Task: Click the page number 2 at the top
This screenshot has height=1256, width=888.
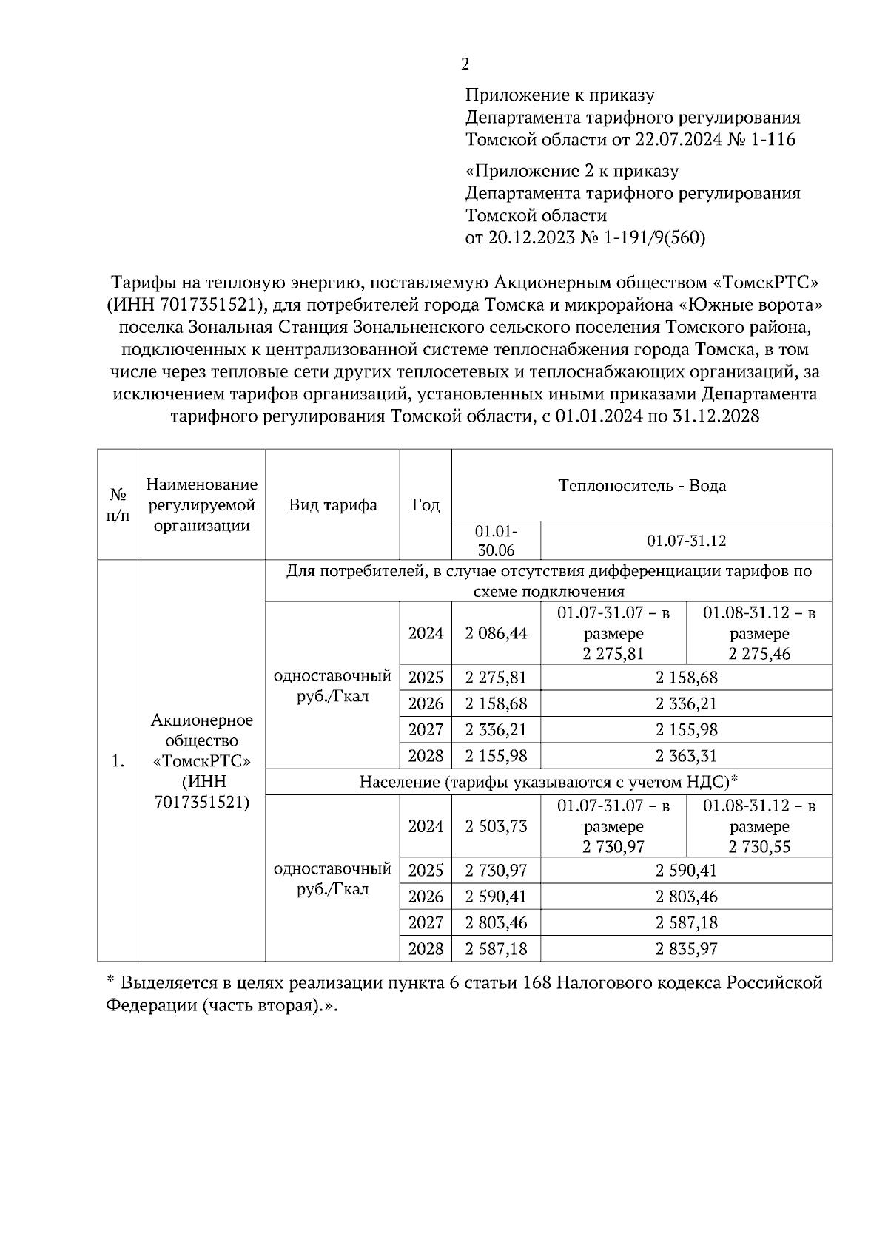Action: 465,65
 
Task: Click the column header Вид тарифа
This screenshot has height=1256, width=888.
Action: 332,505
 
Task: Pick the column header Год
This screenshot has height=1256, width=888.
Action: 425,505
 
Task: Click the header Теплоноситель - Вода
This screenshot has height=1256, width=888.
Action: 642,486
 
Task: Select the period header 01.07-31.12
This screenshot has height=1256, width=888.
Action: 686,541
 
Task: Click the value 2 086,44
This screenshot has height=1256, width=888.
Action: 496,634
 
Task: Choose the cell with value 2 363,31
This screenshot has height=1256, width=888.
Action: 686,756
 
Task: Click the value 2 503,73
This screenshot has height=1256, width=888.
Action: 496,826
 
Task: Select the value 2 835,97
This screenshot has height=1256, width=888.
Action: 686,949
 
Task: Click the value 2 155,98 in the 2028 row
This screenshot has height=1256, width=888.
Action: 496,756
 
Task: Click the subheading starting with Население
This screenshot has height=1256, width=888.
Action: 549,782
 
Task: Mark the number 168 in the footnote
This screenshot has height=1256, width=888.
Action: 536,983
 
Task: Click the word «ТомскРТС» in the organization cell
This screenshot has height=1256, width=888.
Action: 201,761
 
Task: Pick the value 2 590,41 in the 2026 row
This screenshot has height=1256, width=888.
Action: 496,897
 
